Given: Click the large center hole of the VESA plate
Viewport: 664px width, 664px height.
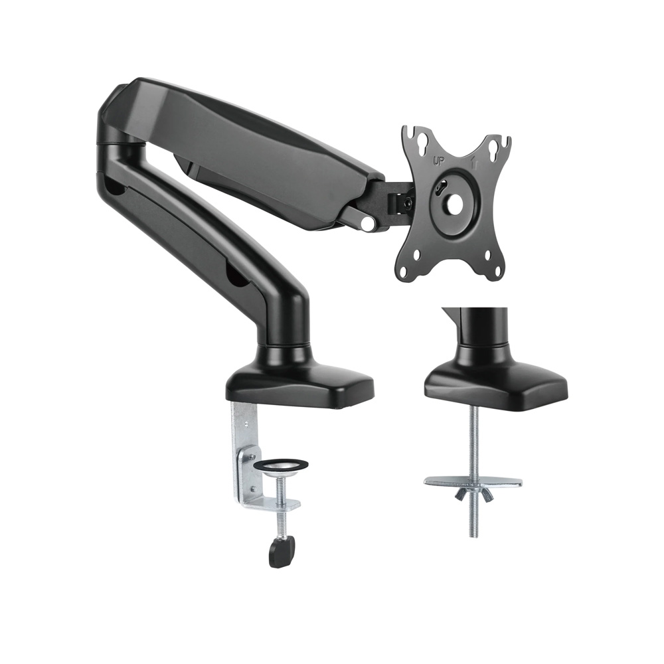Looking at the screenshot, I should [454, 204].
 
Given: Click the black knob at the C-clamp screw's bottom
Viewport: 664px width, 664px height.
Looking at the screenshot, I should [282, 550].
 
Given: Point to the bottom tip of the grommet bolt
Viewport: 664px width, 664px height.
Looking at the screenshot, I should [473, 534].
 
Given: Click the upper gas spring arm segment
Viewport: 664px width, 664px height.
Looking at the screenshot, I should [252, 153].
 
